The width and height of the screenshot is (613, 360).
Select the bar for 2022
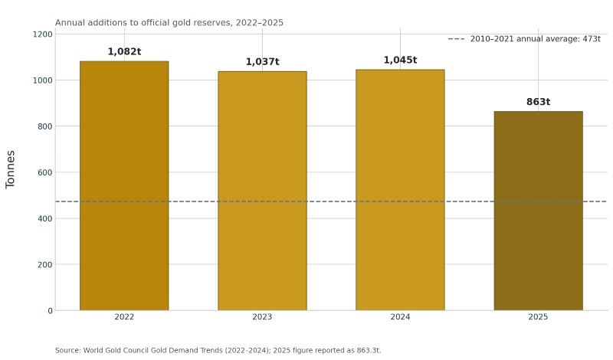[124, 185]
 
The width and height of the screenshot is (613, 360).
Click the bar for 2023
[262, 191]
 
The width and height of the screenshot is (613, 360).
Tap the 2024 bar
[400, 190]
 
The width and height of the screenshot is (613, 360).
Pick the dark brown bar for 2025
[539, 211]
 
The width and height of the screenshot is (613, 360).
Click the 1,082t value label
[124, 51]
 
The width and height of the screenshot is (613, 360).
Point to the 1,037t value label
[262, 62]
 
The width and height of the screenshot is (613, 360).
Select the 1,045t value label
[400, 61]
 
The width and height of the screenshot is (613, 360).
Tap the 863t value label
[539, 102]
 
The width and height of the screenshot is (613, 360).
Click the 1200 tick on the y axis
[43, 34]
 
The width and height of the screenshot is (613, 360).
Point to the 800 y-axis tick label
[45, 126]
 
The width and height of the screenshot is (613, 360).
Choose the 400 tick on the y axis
[45, 218]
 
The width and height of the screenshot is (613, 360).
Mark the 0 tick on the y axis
[50, 311]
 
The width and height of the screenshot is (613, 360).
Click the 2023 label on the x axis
[262, 317]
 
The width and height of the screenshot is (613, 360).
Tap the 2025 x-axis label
[539, 317]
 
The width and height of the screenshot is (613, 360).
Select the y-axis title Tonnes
[11, 169]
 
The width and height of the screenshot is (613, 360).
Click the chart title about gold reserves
[169, 23]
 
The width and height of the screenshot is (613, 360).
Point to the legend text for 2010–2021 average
[535, 39]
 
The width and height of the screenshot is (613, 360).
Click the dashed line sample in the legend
[456, 39]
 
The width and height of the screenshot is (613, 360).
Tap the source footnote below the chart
[218, 350]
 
